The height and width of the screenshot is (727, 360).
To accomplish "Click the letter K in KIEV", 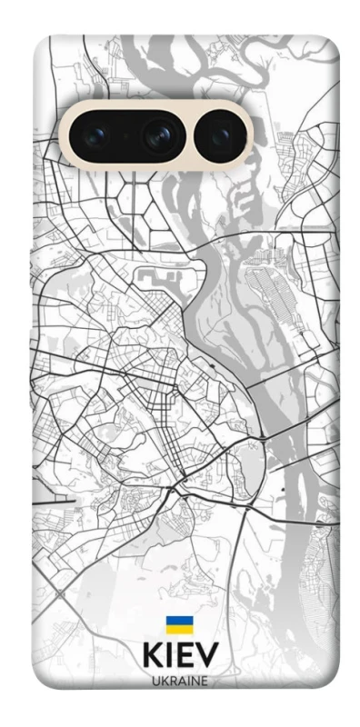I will (153, 656).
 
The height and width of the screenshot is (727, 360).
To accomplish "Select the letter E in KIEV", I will (186, 656).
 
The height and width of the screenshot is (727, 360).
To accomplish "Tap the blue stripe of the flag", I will (178, 621).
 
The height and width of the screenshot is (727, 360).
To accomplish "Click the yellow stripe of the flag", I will (178, 629).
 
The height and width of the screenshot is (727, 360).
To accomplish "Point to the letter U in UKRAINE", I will (155, 680).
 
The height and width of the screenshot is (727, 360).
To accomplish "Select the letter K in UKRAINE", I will (164, 680).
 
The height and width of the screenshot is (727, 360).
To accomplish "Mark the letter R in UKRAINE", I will (172, 680).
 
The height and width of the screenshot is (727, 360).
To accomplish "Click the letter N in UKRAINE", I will (194, 680).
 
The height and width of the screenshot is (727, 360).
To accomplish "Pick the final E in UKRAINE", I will (203, 680).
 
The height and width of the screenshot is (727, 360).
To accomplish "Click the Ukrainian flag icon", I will (178, 624).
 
